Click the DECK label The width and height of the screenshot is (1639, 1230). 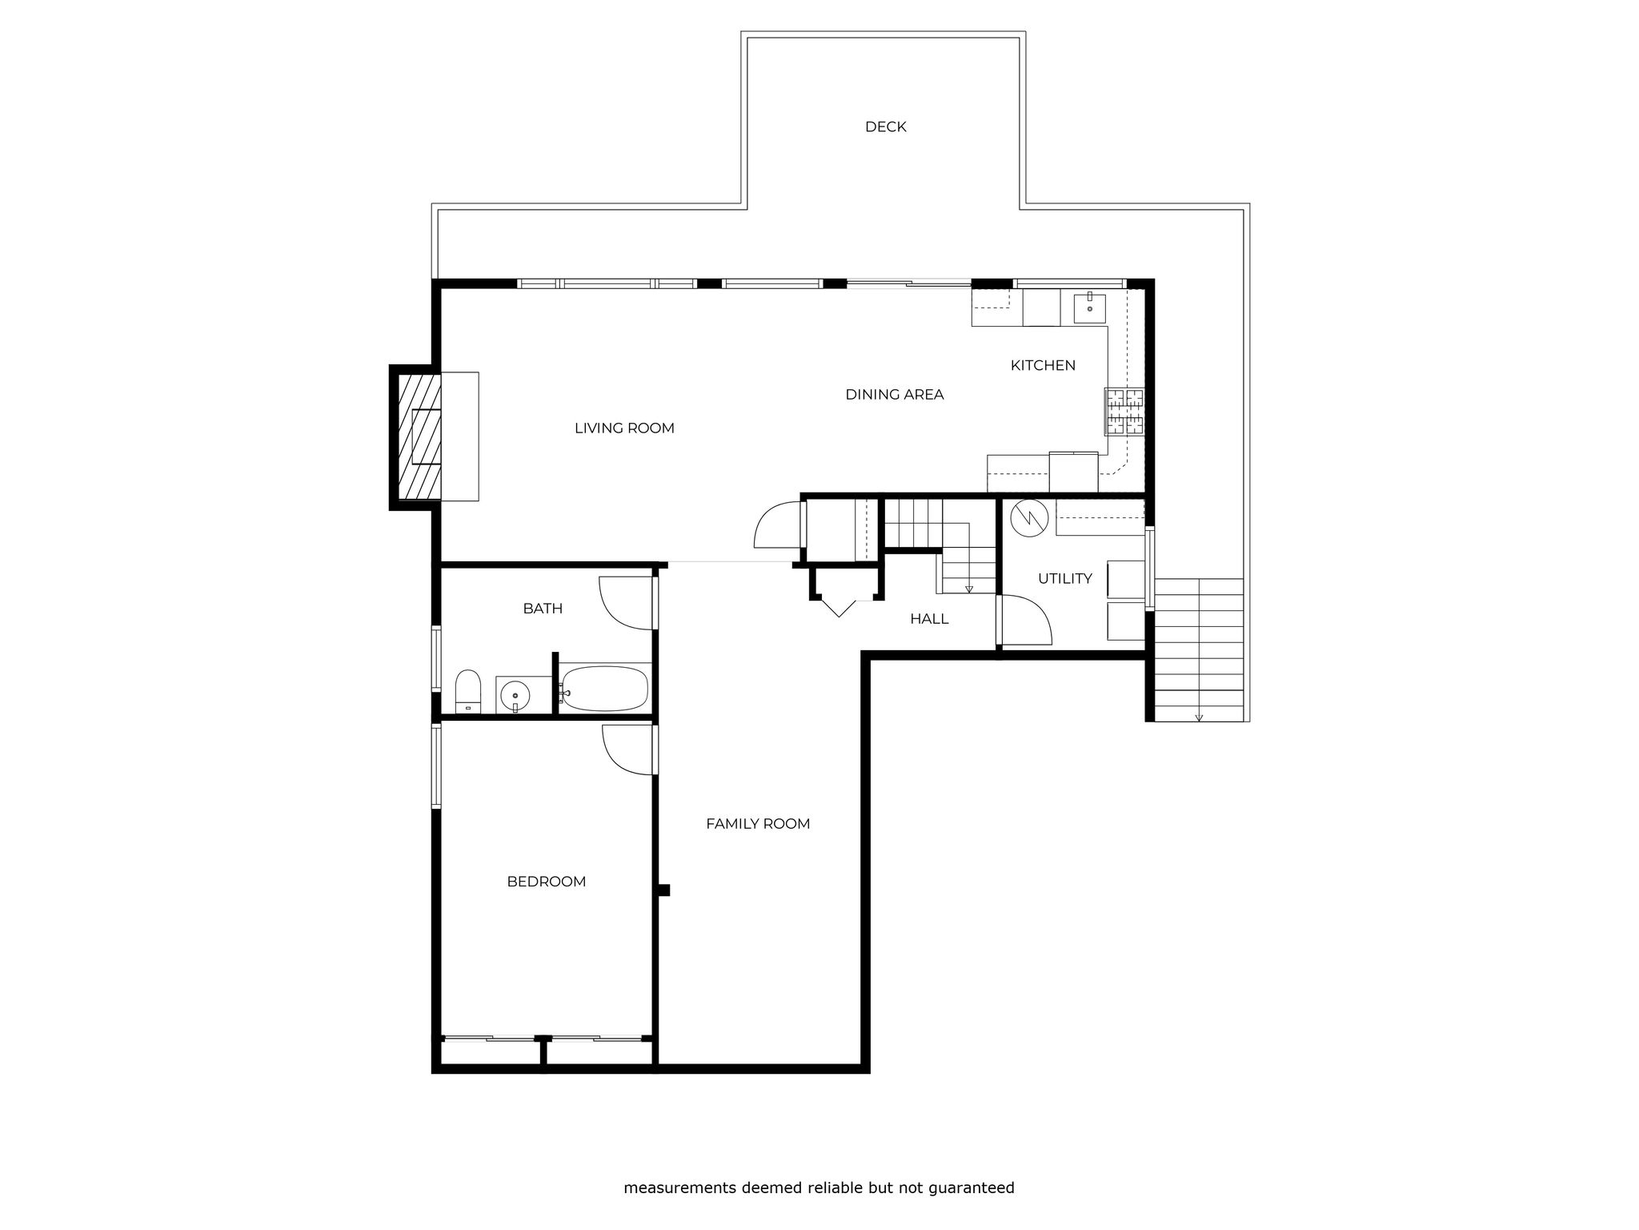[x=885, y=127]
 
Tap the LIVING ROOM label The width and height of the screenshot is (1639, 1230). [x=624, y=428]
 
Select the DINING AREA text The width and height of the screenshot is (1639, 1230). [x=895, y=394]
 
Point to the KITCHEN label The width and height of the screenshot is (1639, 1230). [x=1043, y=365]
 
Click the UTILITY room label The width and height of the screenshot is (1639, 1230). [x=1065, y=578]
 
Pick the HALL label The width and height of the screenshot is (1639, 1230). [x=929, y=618]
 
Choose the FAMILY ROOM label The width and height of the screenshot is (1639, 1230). [x=758, y=823]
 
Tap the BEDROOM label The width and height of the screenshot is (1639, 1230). [x=547, y=881]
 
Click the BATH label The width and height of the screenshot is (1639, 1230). [x=543, y=608]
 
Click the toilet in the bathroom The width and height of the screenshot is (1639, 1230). [x=467, y=691]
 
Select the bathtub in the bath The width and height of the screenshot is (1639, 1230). [x=604, y=688]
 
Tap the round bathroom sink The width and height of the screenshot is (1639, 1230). [x=515, y=696]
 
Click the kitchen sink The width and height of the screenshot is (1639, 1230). [x=1089, y=307]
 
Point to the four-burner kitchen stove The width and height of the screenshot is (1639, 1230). [x=1125, y=411]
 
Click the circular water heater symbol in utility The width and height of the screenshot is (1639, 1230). [x=1028, y=518]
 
